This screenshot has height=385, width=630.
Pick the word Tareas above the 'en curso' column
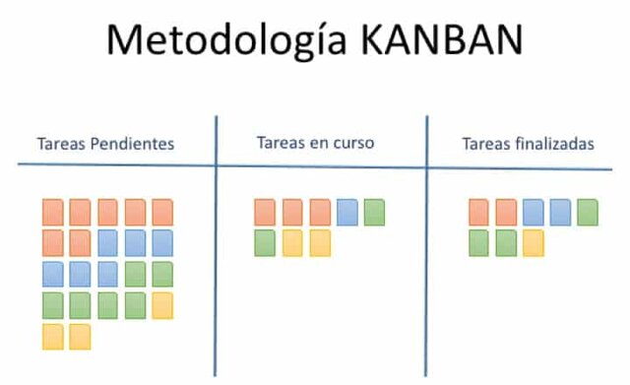click(x=279, y=143)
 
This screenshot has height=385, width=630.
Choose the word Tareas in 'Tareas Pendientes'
click(x=60, y=144)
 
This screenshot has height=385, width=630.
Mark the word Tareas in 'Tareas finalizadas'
click(x=483, y=144)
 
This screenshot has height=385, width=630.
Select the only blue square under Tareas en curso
click(x=346, y=212)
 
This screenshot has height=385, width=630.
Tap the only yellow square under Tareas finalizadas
click(x=533, y=242)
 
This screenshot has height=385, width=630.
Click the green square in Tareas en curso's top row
click(x=374, y=212)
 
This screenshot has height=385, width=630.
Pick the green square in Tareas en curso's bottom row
click(x=265, y=242)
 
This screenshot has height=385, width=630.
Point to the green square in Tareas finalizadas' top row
click(x=588, y=212)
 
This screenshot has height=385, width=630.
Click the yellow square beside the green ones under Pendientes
click(x=162, y=305)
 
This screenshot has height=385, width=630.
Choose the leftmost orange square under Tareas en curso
click(x=265, y=212)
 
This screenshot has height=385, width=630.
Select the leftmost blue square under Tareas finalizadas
click(x=533, y=212)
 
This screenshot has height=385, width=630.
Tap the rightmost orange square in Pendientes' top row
click(x=162, y=212)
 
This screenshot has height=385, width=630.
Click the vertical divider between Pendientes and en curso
click(x=216, y=246)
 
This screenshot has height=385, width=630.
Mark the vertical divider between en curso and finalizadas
click(x=427, y=246)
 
